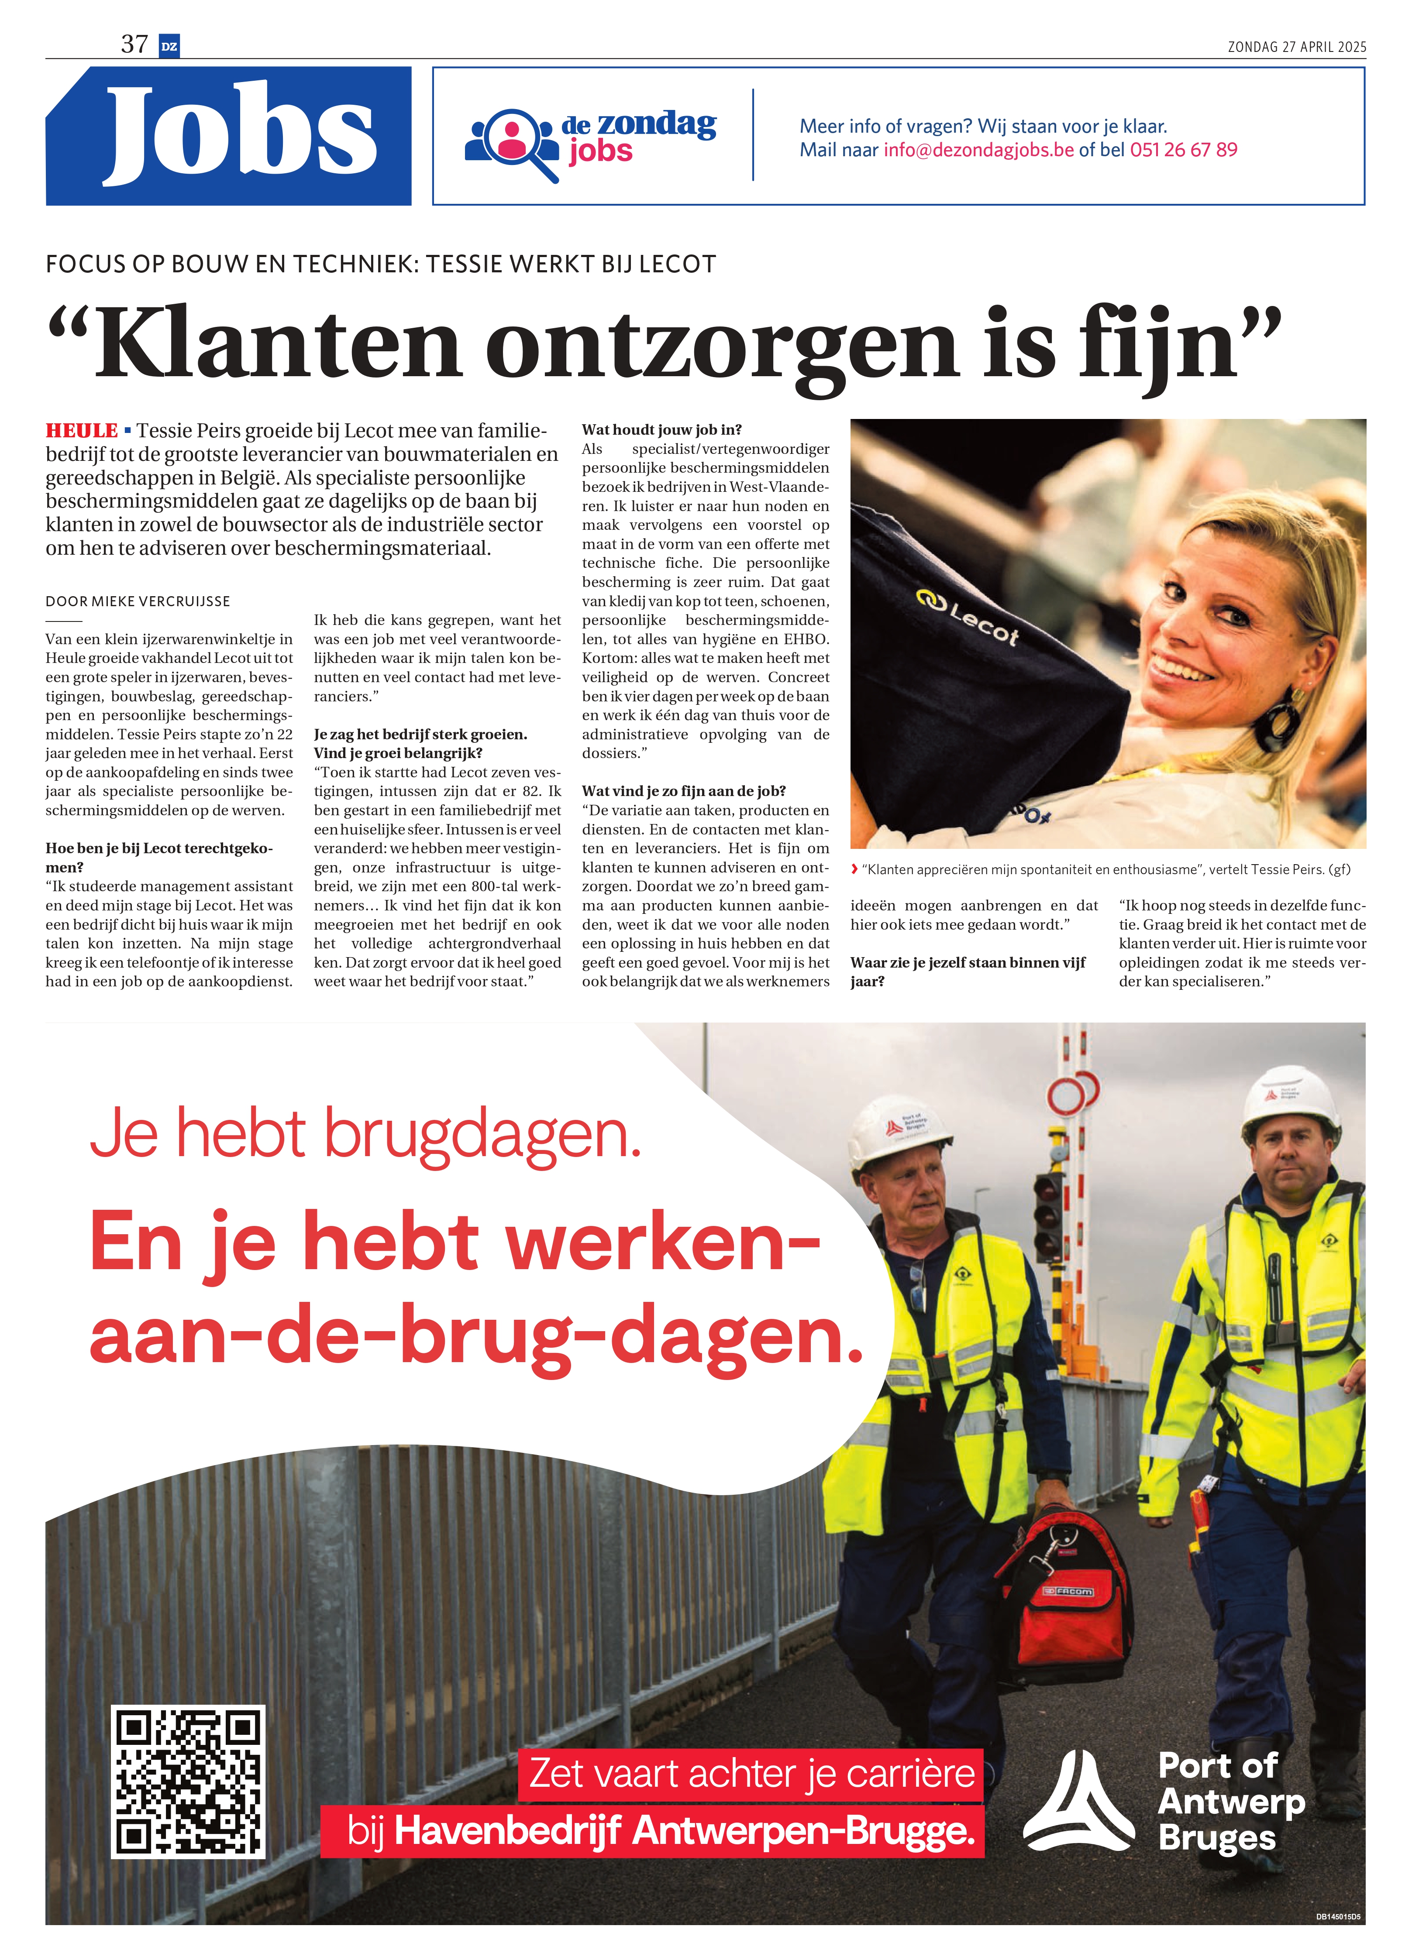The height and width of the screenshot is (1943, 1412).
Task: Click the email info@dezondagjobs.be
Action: click(x=978, y=150)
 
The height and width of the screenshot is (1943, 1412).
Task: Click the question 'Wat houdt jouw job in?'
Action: click(x=661, y=430)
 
